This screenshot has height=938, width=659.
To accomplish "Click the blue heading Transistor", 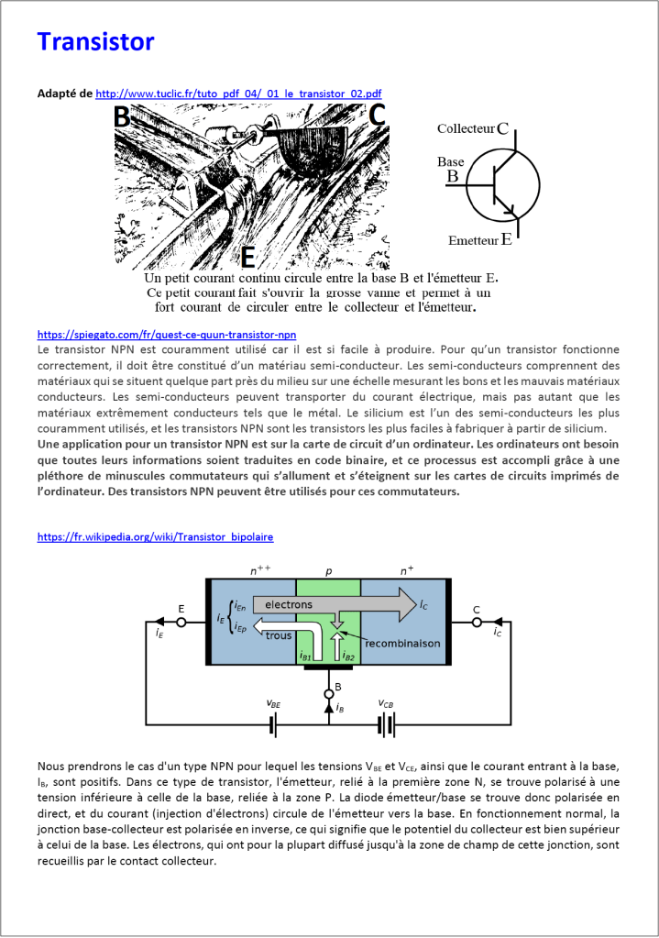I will click(95, 42).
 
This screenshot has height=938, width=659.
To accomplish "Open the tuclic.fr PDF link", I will click(238, 94).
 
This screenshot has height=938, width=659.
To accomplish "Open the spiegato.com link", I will click(166, 335).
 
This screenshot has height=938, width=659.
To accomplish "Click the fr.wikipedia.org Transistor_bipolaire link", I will click(155, 536).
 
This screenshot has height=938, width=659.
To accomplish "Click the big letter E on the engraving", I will click(247, 257).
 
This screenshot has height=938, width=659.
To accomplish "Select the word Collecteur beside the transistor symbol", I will click(466, 129).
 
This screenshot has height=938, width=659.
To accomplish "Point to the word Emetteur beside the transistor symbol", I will click(472, 241).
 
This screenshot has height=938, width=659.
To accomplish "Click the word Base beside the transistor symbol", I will click(450, 160).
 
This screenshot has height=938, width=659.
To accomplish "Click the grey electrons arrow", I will click(330, 605).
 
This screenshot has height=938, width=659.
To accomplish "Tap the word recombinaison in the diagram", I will click(402, 644).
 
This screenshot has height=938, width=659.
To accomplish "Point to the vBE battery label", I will click(274, 703).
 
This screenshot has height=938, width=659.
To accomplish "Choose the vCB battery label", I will click(387, 703).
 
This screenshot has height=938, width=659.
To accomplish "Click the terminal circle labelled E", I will click(181, 622).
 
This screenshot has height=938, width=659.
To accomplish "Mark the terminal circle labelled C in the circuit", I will click(476, 622).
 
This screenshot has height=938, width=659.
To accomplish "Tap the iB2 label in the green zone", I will click(348, 656).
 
